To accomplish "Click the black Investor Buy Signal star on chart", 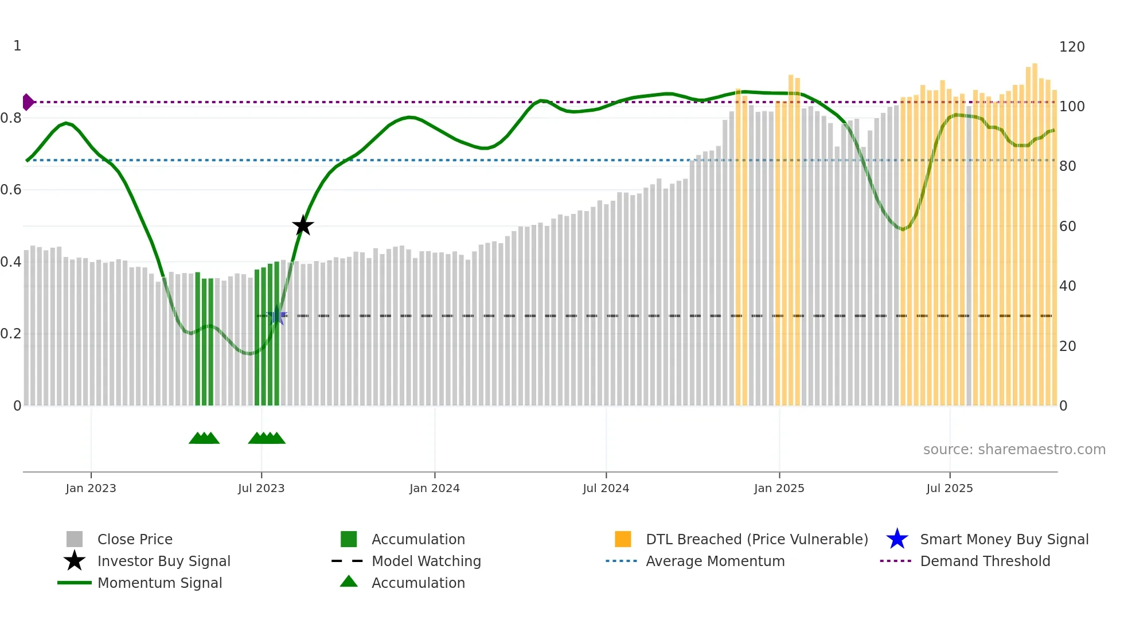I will (x=303, y=225).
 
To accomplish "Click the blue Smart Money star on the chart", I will (x=277, y=316).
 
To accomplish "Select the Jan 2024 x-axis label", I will (x=434, y=488).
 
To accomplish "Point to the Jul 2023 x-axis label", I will (x=261, y=488).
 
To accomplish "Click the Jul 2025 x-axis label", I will (x=949, y=488).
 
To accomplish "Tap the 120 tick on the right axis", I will (x=1071, y=47).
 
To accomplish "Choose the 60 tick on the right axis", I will (x=1067, y=227).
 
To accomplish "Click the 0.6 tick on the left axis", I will (x=11, y=190).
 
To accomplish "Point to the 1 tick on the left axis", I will (x=17, y=46).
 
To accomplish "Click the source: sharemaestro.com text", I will (x=1014, y=450).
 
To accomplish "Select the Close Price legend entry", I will (x=135, y=539).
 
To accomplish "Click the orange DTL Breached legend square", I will (x=623, y=539).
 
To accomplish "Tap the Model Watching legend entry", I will (x=426, y=561).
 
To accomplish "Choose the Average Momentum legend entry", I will (x=715, y=561).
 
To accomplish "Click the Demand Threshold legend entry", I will (x=985, y=561).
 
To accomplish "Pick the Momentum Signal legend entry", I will (x=159, y=583).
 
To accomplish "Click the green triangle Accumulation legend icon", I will (x=349, y=582).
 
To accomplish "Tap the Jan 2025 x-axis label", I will (x=779, y=488).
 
